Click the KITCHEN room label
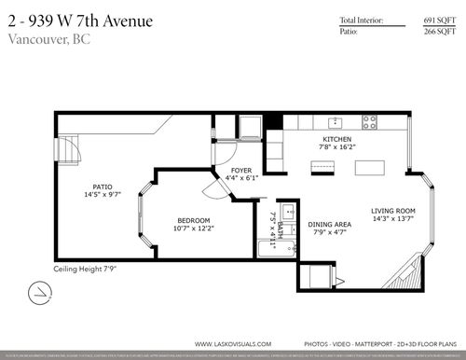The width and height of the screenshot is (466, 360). coord(336,138)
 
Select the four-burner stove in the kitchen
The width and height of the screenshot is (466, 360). coord(369,121)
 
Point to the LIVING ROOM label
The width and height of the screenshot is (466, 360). coord(392,211)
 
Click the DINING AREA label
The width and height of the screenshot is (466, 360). coord(329,225)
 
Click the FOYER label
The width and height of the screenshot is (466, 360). coord(240,170)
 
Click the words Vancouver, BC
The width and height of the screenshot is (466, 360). coord(44,38)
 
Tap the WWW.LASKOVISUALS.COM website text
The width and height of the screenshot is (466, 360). coord(233,343)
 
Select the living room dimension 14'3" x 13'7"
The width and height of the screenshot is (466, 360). coord(392,220)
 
